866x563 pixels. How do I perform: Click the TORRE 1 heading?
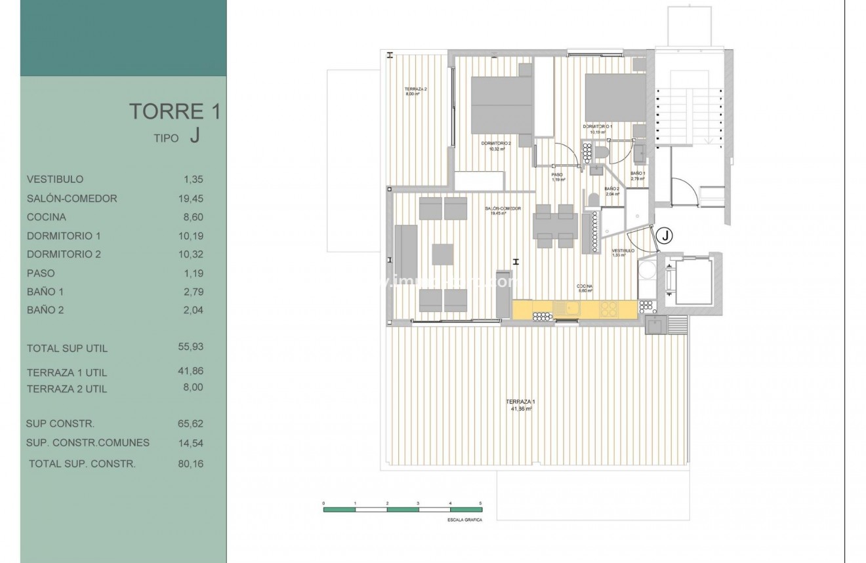pyautogui.click(x=174, y=111)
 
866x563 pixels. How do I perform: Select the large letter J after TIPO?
pyautogui.click(x=194, y=135)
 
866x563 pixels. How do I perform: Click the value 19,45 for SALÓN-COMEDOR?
pyautogui.click(x=191, y=198)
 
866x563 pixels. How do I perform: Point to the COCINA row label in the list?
pyautogui.click(x=47, y=217)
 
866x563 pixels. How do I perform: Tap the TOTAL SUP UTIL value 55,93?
pyautogui.click(x=191, y=347)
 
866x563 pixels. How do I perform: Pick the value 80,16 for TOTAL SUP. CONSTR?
pyautogui.click(x=191, y=463)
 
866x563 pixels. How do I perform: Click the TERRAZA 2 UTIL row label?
pyautogui.click(x=67, y=389)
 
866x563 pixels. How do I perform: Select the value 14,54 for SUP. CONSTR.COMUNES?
pyautogui.click(x=191, y=442)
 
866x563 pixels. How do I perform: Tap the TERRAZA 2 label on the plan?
pyautogui.click(x=415, y=89)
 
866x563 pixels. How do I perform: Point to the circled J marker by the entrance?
pyautogui.click(x=665, y=235)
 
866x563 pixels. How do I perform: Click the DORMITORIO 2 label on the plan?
pyautogui.click(x=495, y=144)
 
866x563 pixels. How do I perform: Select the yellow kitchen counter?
pyautogui.click(x=574, y=309)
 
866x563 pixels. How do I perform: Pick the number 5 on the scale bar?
pyautogui.click(x=481, y=502)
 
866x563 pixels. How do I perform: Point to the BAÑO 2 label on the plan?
pyautogui.click(x=611, y=189)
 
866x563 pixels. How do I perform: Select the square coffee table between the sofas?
pyautogui.click(x=443, y=254)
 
